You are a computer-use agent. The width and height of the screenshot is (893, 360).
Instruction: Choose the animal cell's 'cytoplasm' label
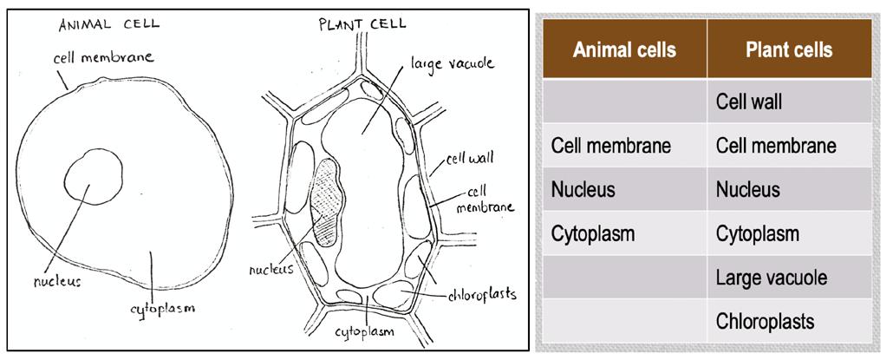pos(162,307)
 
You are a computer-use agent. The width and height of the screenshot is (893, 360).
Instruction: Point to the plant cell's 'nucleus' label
pos(271,269)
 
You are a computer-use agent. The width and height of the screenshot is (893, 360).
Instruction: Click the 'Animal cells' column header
pos(623,49)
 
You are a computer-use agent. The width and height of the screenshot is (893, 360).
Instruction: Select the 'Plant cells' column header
pos(788,49)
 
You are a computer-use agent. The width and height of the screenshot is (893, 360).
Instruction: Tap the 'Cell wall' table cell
pos(749,101)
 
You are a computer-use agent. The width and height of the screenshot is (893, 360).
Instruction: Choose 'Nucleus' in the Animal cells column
pos(583,189)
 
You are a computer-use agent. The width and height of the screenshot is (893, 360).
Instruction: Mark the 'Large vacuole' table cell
pos(771,278)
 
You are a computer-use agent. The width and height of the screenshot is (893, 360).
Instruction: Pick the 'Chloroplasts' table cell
pos(765,322)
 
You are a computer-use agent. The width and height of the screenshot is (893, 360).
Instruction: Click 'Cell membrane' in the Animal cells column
pos(610,146)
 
